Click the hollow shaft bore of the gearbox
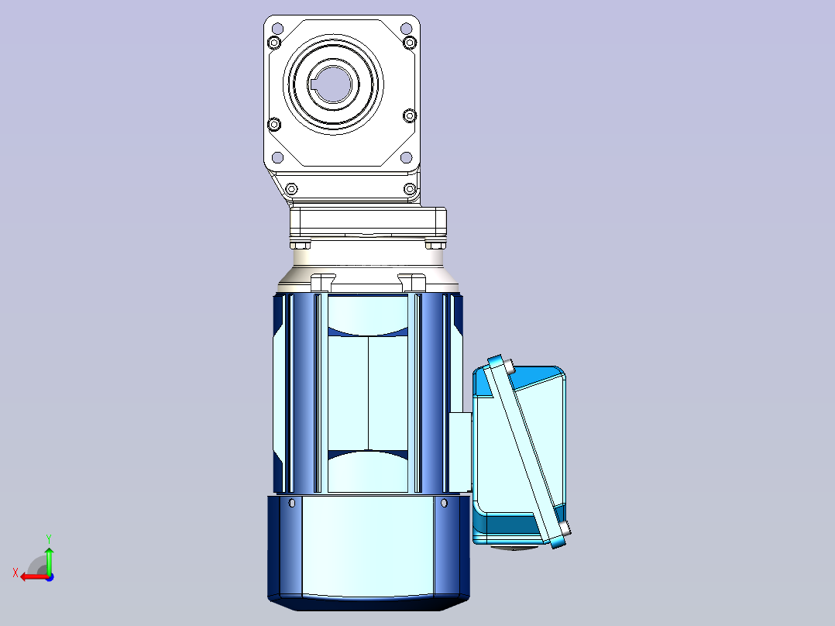point(333,84)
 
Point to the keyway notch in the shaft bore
point(312,84)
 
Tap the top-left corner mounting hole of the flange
point(277,28)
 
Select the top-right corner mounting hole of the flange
point(406,28)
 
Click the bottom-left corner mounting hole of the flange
point(277,157)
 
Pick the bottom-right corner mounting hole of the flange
point(406,157)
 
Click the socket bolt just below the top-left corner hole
point(274,42)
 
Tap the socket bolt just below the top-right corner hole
point(410,42)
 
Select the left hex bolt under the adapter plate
point(301,245)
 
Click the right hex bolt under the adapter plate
point(435,245)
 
